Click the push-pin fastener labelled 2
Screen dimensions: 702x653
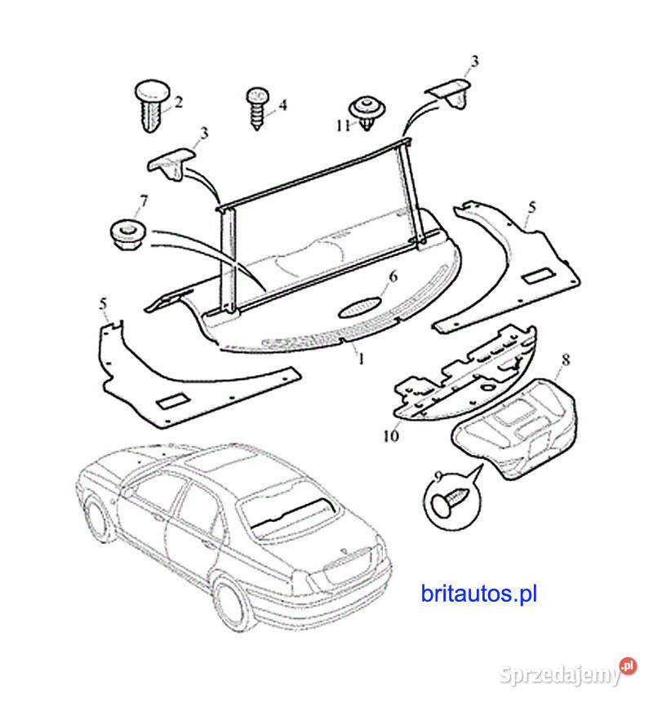(151, 104)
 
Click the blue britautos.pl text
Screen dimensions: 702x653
(478, 594)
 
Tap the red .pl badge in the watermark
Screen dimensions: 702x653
(627, 666)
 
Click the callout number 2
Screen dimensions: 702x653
(178, 103)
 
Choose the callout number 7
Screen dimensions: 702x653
(144, 200)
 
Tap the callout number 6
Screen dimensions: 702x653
(392, 276)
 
